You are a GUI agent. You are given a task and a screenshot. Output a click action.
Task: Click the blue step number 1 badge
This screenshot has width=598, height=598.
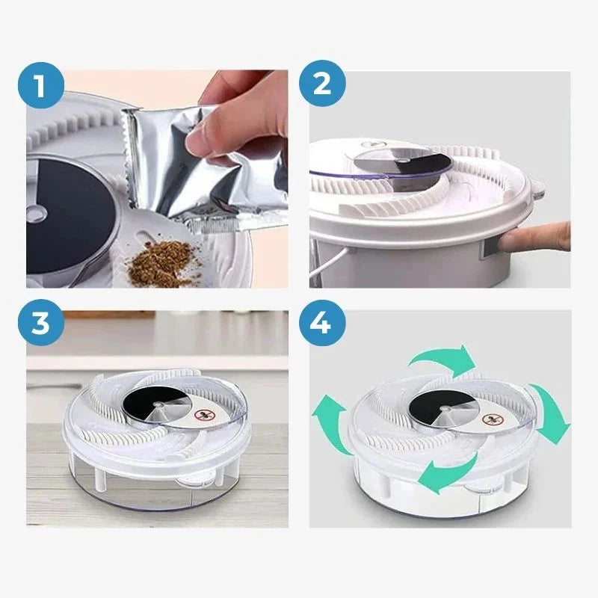point(41,85)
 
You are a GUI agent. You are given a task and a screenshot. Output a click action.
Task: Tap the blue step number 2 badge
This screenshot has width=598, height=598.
point(322,83)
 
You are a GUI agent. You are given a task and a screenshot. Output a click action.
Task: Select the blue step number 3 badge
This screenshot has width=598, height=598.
point(41,323)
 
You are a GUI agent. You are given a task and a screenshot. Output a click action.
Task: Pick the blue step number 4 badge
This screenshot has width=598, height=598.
point(322,323)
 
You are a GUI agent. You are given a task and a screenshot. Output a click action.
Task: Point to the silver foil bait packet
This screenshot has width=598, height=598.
point(202,167)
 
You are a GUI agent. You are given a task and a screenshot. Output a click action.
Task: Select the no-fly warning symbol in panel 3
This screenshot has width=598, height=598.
point(202,415)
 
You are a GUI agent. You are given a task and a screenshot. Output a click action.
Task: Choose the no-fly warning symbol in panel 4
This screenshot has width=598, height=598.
point(490,421)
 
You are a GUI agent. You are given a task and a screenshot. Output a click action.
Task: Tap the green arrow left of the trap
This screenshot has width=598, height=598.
point(331,424)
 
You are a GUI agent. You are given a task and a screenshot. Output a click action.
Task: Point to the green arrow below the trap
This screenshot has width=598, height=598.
point(447,473)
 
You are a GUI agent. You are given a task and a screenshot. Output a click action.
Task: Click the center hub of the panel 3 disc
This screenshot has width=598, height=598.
point(156,404)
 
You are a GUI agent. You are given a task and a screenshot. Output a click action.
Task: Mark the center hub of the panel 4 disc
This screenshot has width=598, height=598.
point(443,408)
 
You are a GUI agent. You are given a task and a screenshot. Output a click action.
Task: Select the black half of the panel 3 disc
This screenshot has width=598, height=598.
point(151,400)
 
